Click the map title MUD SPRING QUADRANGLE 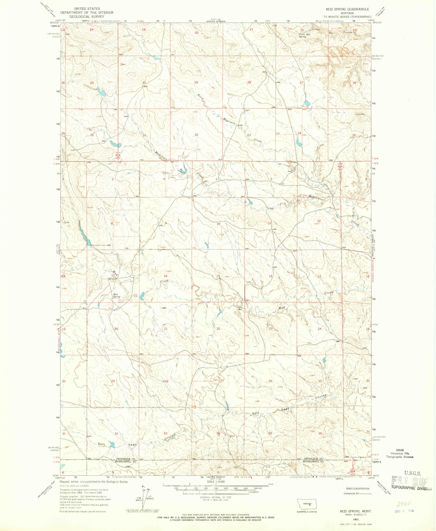pos(347,9)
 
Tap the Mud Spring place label pos(117,295)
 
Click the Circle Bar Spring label pos(304,35)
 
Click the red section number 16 pos(165,276)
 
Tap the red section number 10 pos(218,224)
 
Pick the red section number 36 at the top pos(92,135)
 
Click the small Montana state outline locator pos(307,503)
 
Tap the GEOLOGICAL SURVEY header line pos(87,16)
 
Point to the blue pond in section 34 pos(299,142)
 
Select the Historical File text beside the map pos(400,453)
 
